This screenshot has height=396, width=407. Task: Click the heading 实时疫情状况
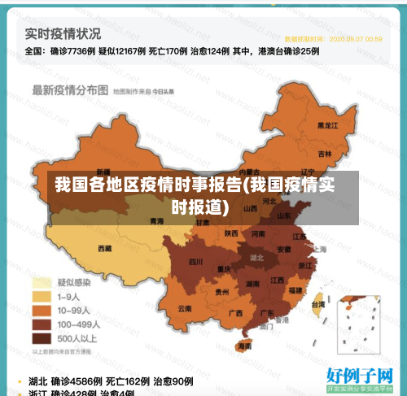[x=62, y=34]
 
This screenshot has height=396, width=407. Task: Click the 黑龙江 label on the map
[x=327, y=126]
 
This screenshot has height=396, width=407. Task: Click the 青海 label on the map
[x=157, y=220]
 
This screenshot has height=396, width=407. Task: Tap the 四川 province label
[x=195, y=262]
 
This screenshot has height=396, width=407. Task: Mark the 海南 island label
[x=243, y=346]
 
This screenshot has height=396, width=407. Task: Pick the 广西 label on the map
[x=235, y=312]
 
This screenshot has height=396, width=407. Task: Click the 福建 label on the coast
[x=295, y=289]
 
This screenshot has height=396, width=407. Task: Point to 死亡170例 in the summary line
[x=168, y=50]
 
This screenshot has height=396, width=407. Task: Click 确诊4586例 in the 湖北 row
[x=77, y=381]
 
